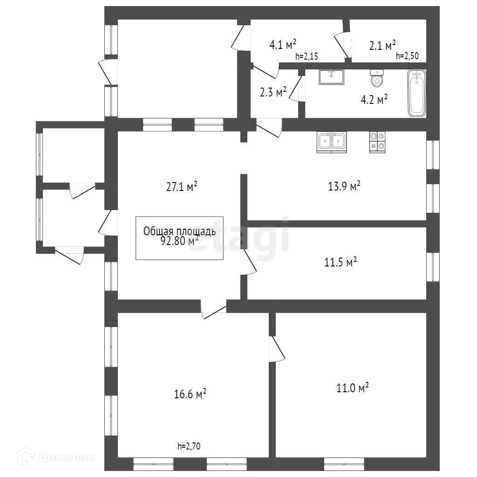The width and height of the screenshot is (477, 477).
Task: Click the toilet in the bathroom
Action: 376,78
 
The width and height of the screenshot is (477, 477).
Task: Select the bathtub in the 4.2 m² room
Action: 416,93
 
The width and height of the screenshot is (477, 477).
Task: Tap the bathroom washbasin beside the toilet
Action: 331,77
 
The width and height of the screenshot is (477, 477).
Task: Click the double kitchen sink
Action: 331,142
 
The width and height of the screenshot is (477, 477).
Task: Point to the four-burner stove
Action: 377,142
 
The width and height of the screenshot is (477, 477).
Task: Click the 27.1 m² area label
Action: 182,186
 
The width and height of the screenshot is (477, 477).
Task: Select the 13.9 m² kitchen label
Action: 344,185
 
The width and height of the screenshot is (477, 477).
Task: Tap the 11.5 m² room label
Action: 341,262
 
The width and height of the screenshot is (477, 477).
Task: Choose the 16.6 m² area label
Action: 190,394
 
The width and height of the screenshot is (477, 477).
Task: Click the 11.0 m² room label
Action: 352,388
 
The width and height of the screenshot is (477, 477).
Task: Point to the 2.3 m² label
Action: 273,92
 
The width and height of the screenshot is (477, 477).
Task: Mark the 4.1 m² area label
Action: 283,44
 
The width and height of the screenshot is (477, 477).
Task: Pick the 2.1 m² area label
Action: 382,45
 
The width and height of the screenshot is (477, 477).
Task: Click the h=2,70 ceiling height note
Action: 189,446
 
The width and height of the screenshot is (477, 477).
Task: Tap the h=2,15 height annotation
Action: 307,56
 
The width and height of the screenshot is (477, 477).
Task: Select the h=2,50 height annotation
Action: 407,56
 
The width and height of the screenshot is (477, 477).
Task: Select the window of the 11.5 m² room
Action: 433,267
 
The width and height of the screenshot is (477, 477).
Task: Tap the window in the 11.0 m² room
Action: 344,464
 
